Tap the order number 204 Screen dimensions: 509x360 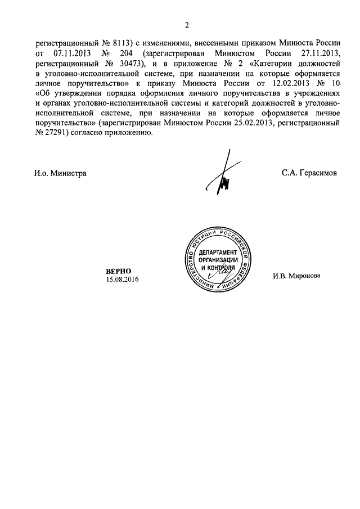click(x=125, y=53)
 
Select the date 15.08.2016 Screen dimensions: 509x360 click(x=121, y=280)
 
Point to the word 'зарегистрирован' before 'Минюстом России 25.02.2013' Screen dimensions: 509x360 click(x=129, y=124)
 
